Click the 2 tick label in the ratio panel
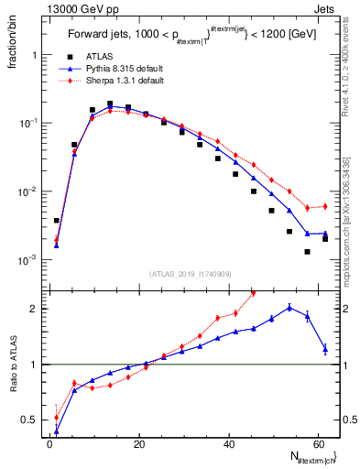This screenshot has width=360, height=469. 36,309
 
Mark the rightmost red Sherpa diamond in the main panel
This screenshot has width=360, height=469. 324,206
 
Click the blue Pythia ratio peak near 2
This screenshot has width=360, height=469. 289,308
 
